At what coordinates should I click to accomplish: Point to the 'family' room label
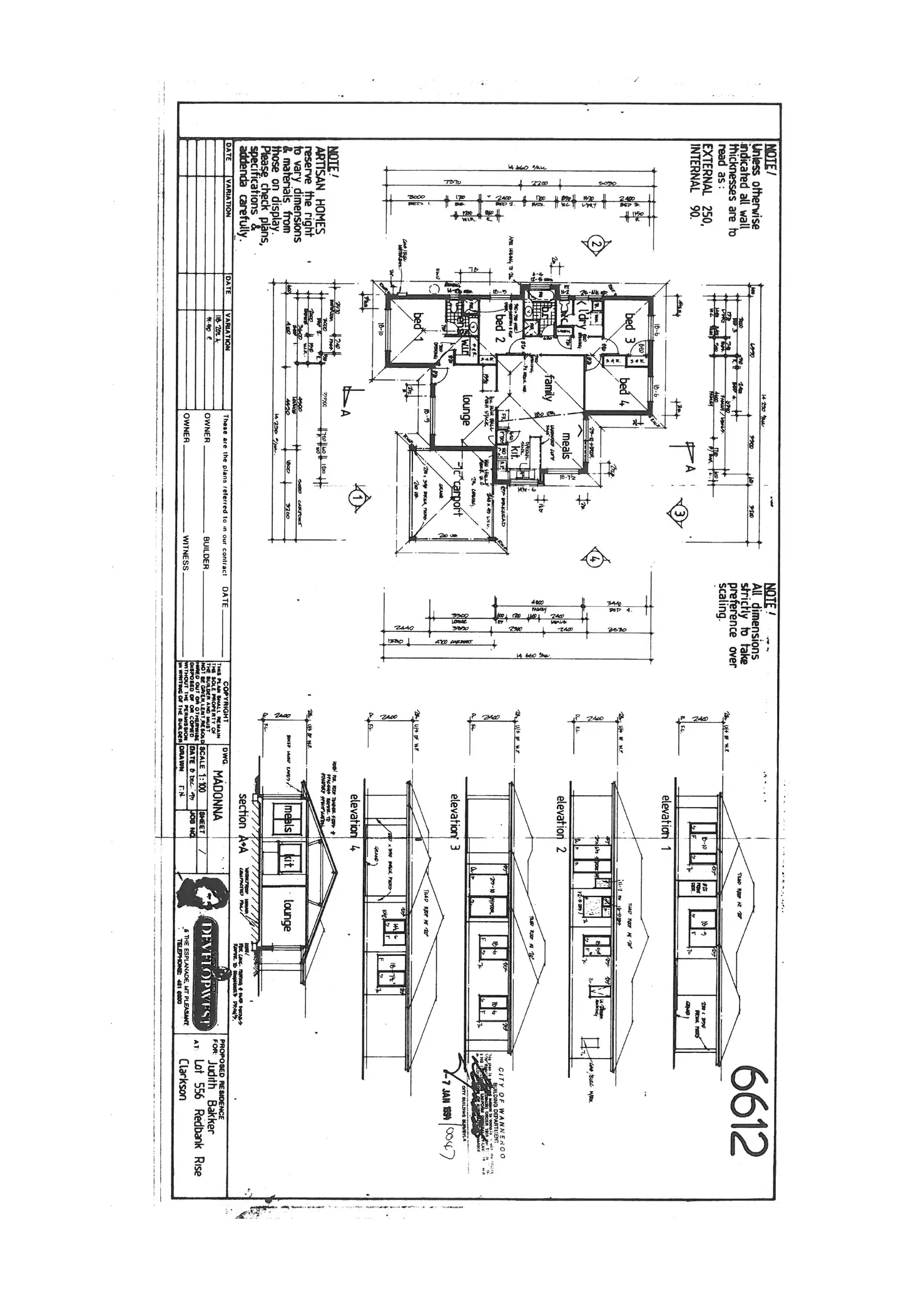tap(550, 386)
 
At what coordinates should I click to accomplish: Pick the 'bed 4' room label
tap(626, 392)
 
